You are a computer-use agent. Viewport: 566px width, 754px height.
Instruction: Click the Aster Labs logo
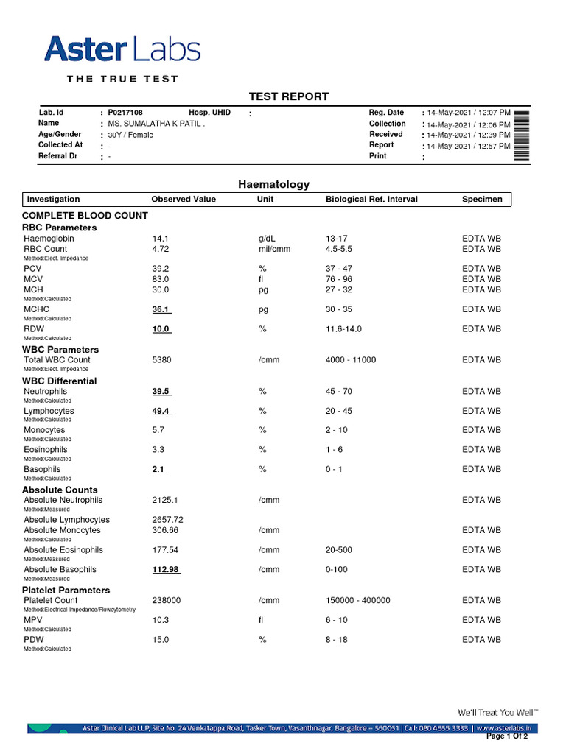click(x=122, y=50)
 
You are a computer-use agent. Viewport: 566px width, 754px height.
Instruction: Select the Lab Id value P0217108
click(x=125, y=113)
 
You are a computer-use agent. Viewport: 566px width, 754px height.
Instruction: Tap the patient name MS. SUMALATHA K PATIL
click(x=156, y=124)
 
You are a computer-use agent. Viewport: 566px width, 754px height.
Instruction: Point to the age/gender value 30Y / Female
click(x=130, y=135)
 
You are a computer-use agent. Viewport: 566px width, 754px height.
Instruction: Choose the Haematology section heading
click(x=273, y=185)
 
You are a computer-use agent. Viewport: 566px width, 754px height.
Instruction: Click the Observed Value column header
click(x=184, y=200)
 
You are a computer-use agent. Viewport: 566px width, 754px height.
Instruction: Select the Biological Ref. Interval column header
click(x=371, y=200)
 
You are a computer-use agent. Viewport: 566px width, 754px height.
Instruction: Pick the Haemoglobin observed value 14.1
click(x=161, y=239)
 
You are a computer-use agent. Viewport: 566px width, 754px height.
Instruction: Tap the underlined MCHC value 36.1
click(x=161, y=310)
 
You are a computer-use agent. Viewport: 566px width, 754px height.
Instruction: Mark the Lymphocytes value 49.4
click(x=161, y=411)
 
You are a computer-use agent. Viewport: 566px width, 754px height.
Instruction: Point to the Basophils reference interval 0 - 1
click(x=334, y=469)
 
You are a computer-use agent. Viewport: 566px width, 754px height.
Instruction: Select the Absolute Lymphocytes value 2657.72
click(x=168, y=520)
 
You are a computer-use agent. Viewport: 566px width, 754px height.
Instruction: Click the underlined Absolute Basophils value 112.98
click(x=167, y=569)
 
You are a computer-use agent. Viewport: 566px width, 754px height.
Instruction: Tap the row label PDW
click(x=34, y=640)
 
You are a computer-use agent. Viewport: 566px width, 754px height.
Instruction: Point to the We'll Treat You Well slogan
click(x=498, y=713)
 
